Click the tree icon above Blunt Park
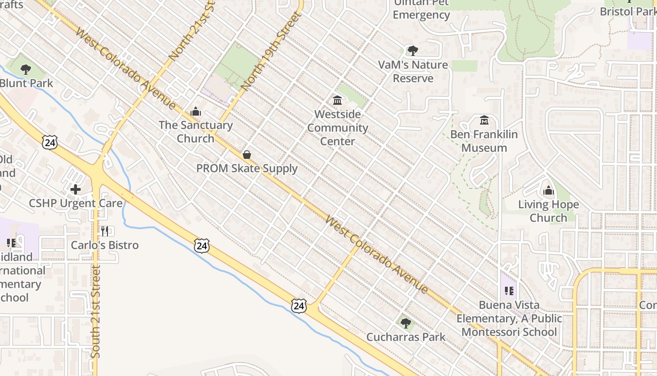click(x=26, y=70)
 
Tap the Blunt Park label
click(x=26, y=83)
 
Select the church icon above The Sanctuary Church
click(x=196, y=111)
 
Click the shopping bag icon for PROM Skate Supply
click(x=247, y=155)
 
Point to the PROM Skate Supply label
click(x=247, y=168)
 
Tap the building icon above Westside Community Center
click(x=337, y=100)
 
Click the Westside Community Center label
click(x=337, y=127)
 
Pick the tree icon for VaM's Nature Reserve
click(x=413, y=51)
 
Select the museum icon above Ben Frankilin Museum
click(x=484, y=120)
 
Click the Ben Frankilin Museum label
click(x=484, y=141)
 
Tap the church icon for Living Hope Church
click(x=548, y=191)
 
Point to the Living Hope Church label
click(x=548, y=211)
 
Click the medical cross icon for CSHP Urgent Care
click(x=76, y=189)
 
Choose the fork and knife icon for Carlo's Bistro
click(x=105, y=231)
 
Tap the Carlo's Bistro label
click(x=105, y=245)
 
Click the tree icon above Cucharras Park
click(x=406, y=323)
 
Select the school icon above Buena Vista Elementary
click(x=509, y=291)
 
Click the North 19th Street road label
click(x=271, y=52)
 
